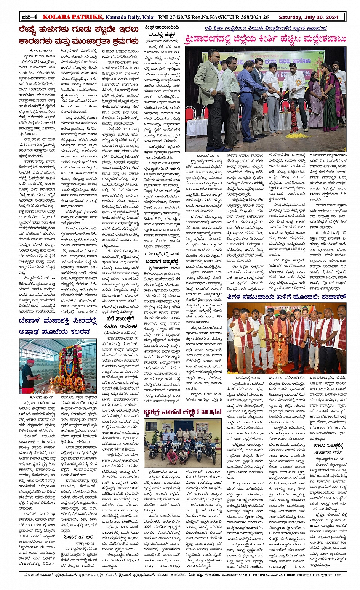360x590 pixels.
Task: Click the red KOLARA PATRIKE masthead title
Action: tap(73, 17)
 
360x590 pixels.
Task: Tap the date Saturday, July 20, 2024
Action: tap(308, 17)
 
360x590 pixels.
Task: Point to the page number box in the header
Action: tap(29, 17)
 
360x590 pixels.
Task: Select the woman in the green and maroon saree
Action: tap(331, 95)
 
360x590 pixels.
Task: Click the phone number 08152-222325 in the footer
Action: tap(268, 574)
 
